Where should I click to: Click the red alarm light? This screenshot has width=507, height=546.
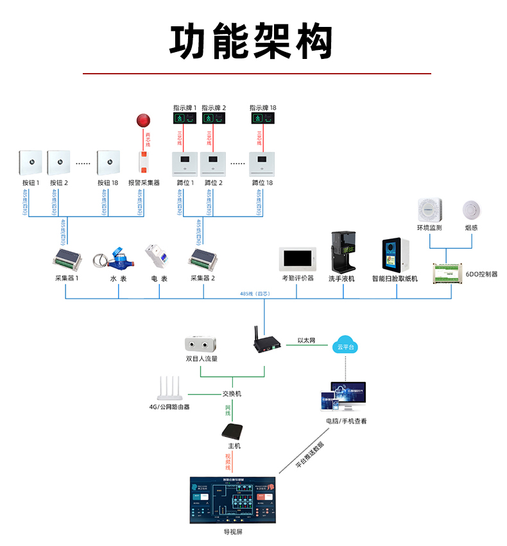142,120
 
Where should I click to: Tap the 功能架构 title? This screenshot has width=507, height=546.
252,42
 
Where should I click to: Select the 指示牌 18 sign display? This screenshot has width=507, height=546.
262,119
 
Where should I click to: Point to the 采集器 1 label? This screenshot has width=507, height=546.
67,279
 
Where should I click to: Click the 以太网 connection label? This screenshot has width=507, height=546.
306,342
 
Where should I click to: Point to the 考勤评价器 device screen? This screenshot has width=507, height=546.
297,258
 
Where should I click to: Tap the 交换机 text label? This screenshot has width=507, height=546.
232,393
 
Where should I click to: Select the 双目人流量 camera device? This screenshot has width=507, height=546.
200,344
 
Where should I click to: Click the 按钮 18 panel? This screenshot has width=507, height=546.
108,163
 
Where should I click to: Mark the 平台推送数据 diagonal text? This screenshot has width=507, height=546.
310,455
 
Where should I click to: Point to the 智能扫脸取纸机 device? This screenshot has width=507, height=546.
395,256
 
